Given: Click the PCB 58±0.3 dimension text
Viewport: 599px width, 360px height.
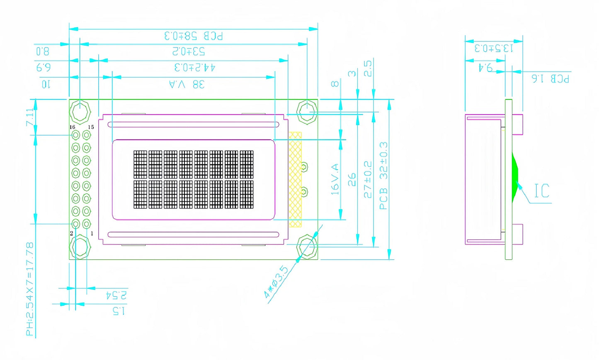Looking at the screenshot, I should coord(194,36).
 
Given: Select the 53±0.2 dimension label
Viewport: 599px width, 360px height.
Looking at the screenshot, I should coord(189,51).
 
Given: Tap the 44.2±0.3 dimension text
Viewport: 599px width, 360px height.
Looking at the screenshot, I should coord(194,67).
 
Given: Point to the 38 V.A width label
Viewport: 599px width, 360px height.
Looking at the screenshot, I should coord(187,85).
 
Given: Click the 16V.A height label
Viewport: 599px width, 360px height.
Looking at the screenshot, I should coord(335,179).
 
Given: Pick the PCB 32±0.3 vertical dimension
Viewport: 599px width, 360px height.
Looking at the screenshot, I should coord(383,176).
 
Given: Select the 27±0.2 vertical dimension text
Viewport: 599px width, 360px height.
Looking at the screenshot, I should coord(367,179).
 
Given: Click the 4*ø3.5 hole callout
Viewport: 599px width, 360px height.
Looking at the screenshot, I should coord(276,282).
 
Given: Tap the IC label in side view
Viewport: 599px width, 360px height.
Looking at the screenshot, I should coord(541,191).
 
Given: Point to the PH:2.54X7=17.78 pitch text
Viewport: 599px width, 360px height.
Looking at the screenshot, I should coord(30,289).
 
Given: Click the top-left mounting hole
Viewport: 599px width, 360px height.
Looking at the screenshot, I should coord(80,111).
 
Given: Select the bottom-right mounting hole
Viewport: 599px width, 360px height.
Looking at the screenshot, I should coord(308,247).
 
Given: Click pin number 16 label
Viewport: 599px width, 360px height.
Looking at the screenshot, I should coord(72,127).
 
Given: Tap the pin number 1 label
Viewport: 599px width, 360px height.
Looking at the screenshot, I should coord(92,234).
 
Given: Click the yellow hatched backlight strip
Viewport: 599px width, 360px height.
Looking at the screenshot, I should coord(295,179).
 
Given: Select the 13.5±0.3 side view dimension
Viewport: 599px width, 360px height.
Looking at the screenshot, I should coord(494,48).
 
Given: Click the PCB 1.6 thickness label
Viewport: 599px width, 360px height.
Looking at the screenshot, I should coord(550,78).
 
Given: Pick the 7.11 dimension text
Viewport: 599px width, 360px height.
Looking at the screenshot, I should coord(29,117).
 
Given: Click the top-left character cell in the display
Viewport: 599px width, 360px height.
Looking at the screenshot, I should coord(140,164).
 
